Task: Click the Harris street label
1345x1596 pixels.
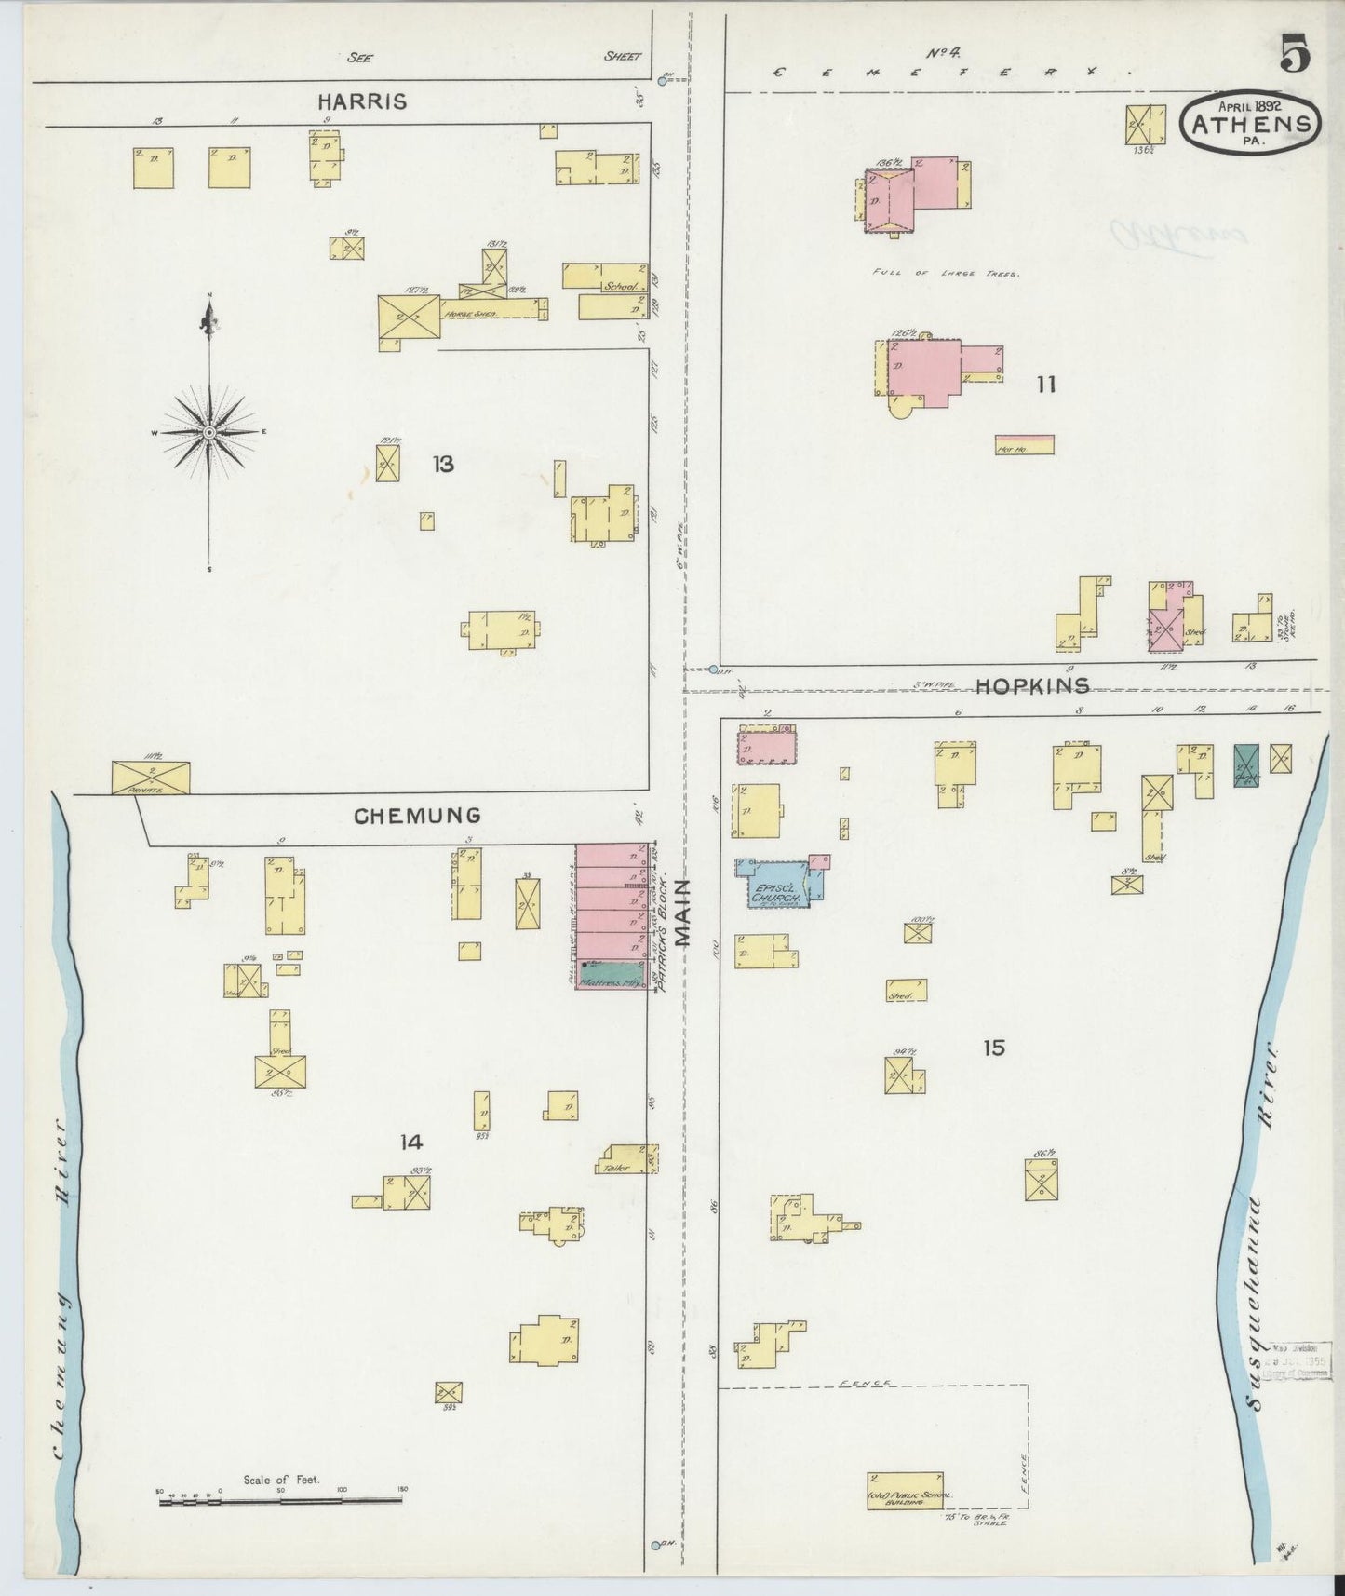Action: pyautogui.click(x=362, y=101)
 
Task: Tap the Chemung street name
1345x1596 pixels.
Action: pyautogui.click(x=417, y=816)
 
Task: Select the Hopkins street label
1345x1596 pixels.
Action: pyautogui.click(x=1032, y=686)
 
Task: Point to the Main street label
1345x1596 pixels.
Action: pyautogui.click(x=685, y=913)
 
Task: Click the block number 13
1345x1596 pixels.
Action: pyautogui.click(x=443, y=463)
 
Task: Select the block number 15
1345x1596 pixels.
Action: pyautogui.click(x=993, y=1048)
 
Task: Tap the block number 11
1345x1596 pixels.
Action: pyautogui.click(x=1046, y=384)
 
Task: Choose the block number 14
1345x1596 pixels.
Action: pyautogui.click(x=410, y=1142)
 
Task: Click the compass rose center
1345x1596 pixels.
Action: pyautogui.click(x=209, y=433)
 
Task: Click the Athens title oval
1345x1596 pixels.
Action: pyautogui.click(x=1252, y=122)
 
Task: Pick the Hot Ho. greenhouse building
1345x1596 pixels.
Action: pyautogui.click(x=1024, y=445)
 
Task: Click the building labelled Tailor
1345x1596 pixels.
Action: pyautogui.click(x=627, y=1160)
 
